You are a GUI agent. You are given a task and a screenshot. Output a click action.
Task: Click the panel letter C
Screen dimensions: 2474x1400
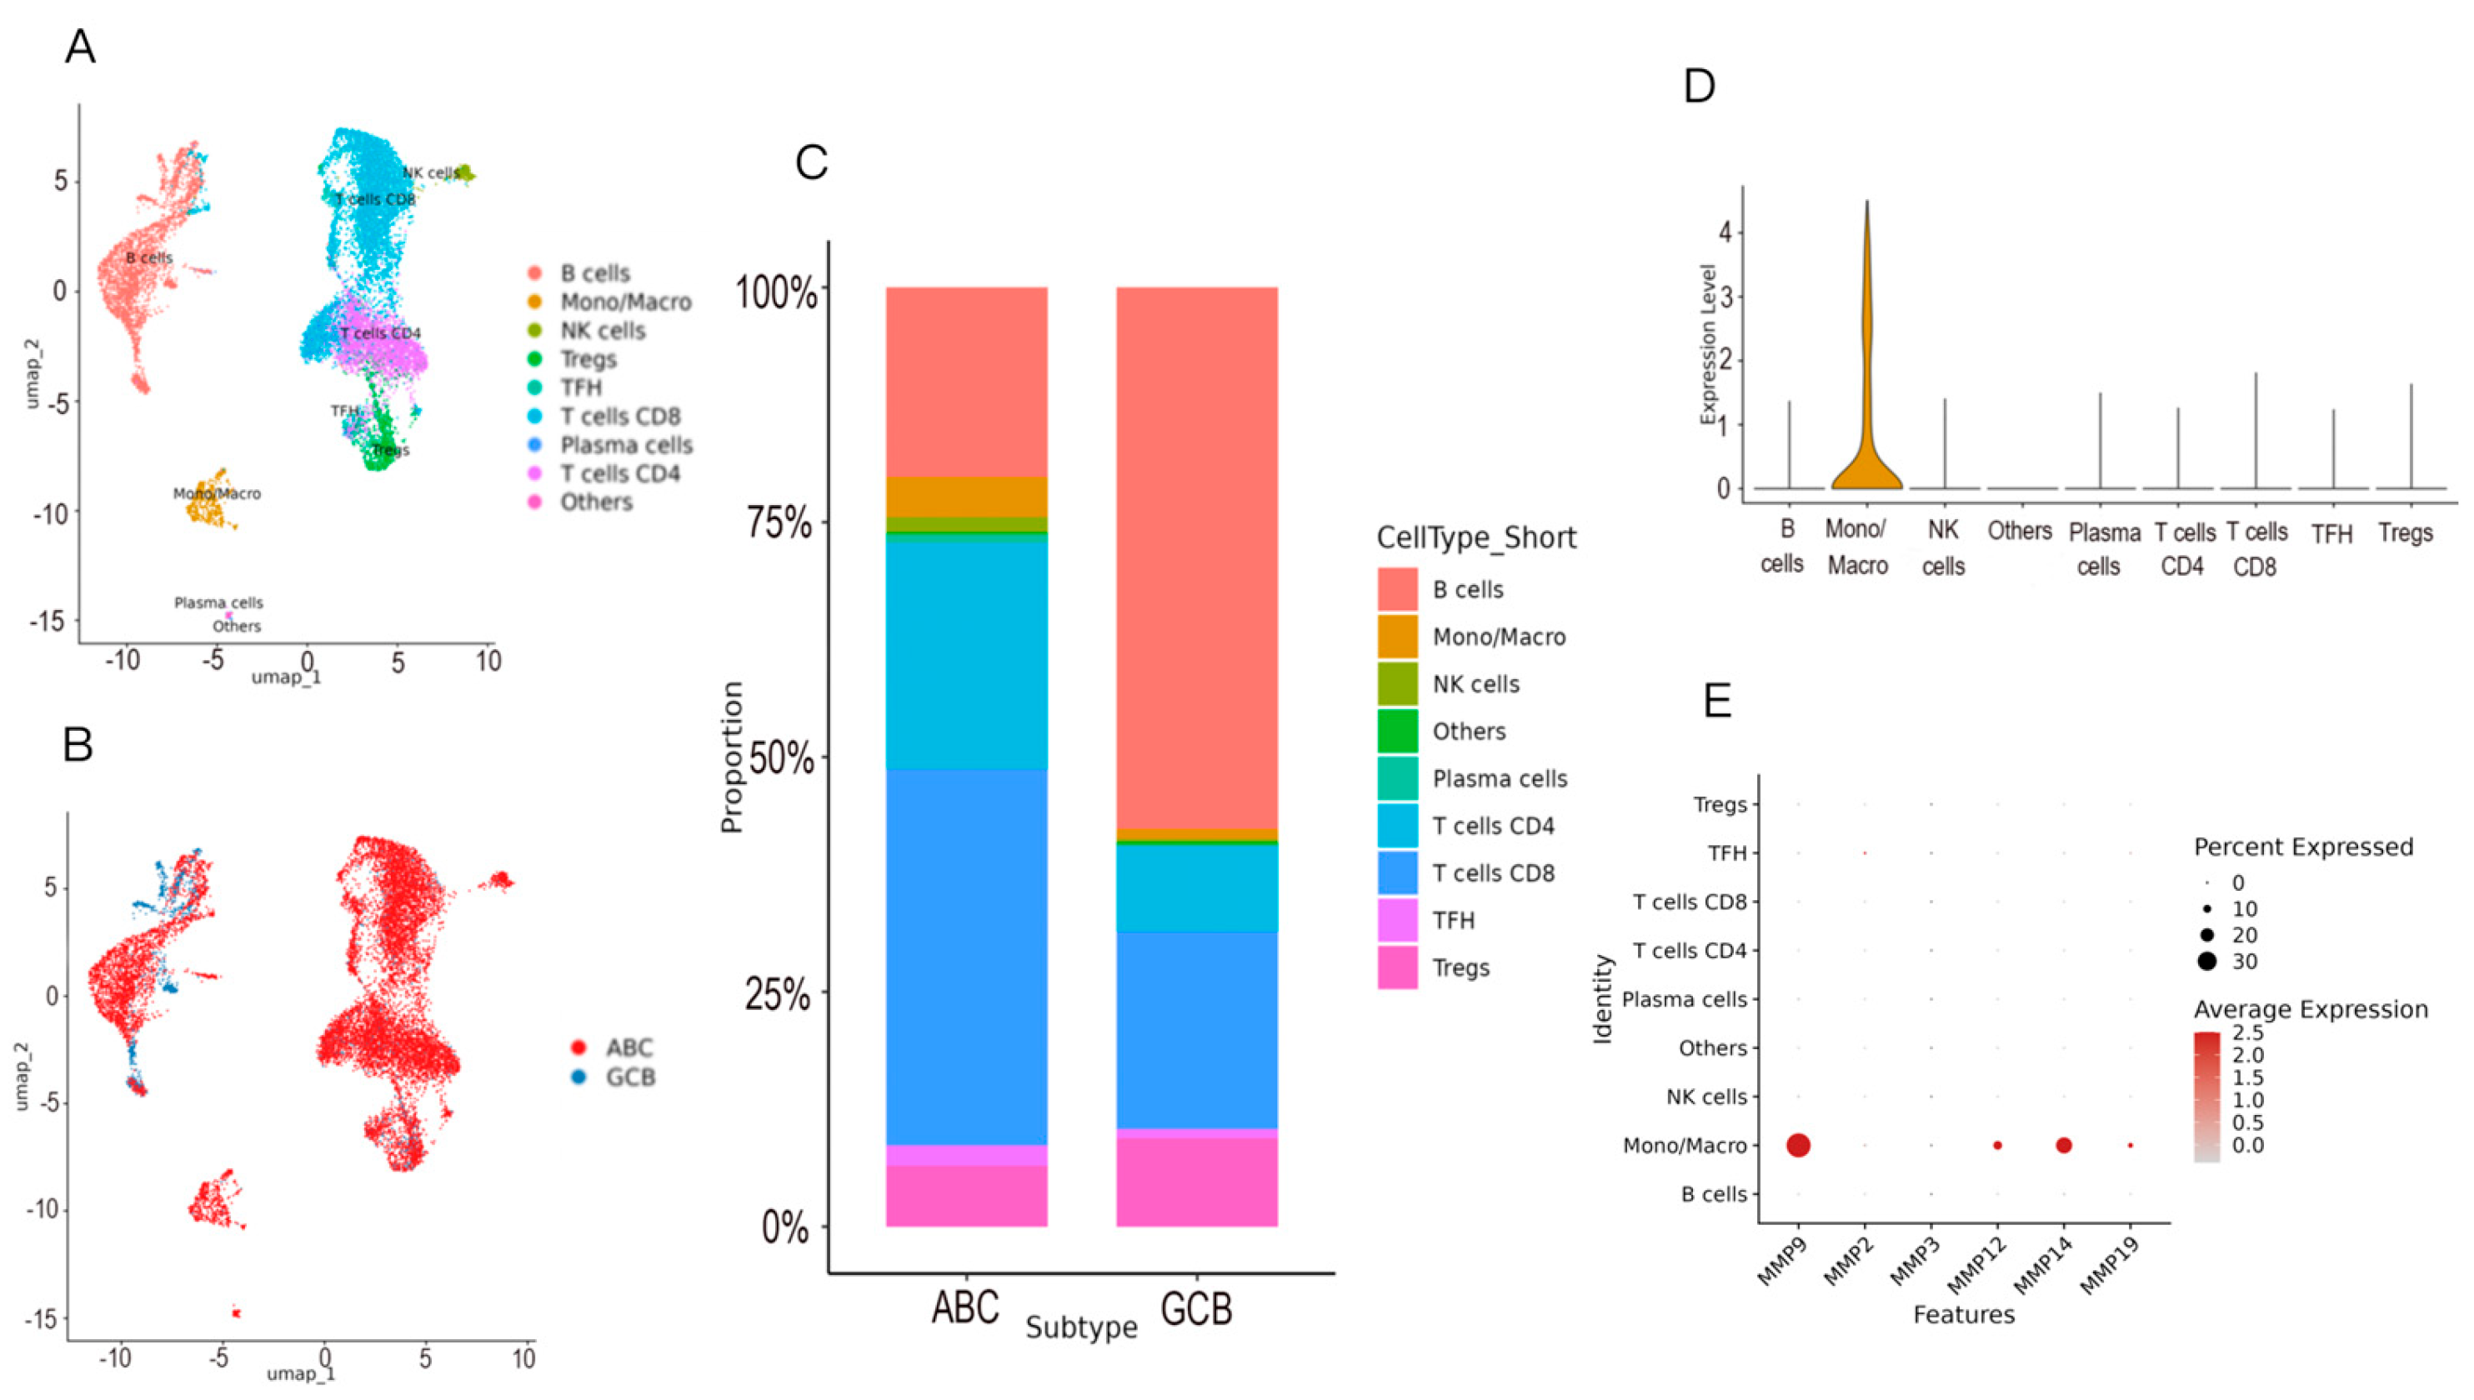pyautogui.click(x=812, y=162)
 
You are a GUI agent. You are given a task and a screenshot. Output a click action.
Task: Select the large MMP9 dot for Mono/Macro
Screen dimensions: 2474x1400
pyautogui.click(x=1798, y=1145)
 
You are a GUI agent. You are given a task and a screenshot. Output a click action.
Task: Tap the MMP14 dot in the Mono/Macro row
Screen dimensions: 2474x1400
pyautogui.click(x=2063, y=1145)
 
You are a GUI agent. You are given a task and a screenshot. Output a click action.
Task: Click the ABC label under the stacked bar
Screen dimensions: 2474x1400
pyautogui.click(x=965, y=1308)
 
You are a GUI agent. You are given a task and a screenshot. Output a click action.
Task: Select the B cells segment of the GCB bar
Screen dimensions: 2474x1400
pyautogui.click(x=1196, y=557)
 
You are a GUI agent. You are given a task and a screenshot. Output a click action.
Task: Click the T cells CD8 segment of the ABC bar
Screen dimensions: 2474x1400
pyautogui.click(x=966, y=957)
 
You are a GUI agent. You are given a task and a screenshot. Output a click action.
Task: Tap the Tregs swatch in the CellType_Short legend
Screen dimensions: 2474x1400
pyautogui.click(x=1397, y=967)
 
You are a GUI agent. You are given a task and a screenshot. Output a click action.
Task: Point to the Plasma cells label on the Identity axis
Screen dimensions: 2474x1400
pyautogui.click(x=1684, y=1000)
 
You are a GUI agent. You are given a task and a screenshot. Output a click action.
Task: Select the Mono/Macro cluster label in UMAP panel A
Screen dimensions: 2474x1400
pyautogui.click(x=217, y=493)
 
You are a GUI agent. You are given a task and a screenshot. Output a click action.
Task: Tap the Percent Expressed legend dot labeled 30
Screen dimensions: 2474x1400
pyautogui.click(x=2206, y=961)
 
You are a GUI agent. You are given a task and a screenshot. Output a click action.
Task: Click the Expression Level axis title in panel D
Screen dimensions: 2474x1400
pyautogui.click(x=1708, y=344)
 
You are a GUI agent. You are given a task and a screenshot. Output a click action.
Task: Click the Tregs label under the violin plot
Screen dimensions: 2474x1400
pyautogui.click(x=2405, y=532)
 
